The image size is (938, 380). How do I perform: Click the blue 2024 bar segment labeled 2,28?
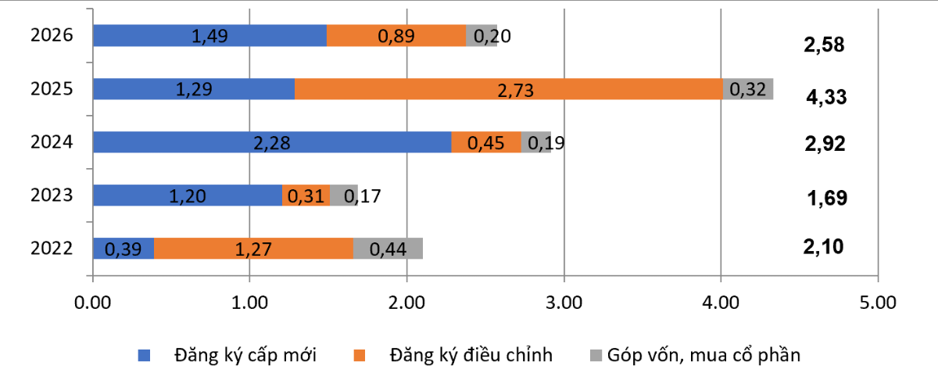272,142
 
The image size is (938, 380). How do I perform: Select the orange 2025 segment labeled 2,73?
509,88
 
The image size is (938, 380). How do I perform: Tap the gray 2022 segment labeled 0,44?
388,249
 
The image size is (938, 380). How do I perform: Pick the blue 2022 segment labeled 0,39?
124,249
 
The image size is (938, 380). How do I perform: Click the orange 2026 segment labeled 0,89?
396,35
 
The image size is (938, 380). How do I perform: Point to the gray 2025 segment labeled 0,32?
748,88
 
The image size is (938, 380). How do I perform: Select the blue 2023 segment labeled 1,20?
188,195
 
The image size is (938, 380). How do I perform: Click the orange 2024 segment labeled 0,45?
486,142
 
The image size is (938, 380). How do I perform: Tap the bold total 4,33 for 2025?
826,98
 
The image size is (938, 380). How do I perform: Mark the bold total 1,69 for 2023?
826,198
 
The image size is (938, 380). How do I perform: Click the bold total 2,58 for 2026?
824,45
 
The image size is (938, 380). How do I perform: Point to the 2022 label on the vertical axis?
52,249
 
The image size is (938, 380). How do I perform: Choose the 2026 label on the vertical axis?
52,35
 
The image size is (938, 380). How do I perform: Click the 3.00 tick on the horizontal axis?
564,301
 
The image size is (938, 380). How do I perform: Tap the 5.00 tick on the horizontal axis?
878,301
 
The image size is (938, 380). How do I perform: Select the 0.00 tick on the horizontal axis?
93,301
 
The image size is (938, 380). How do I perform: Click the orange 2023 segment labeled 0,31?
306,195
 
